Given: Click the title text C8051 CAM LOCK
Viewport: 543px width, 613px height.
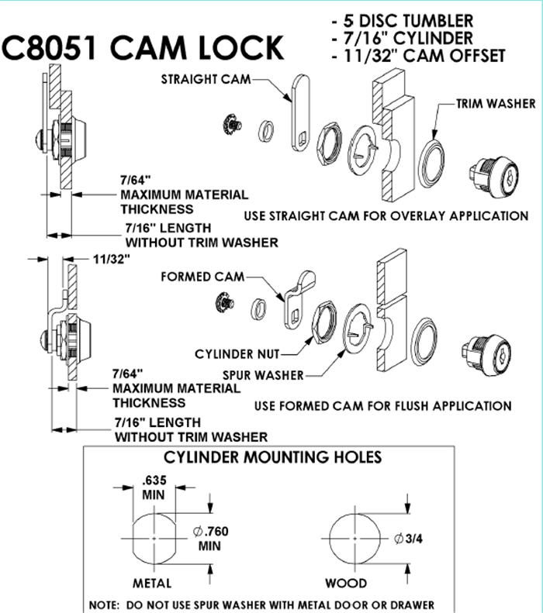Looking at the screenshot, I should click(143, 49).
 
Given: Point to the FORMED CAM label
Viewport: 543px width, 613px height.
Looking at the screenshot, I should click(204, 277).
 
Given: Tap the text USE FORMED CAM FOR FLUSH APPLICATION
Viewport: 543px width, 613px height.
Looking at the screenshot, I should click(383, 405).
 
